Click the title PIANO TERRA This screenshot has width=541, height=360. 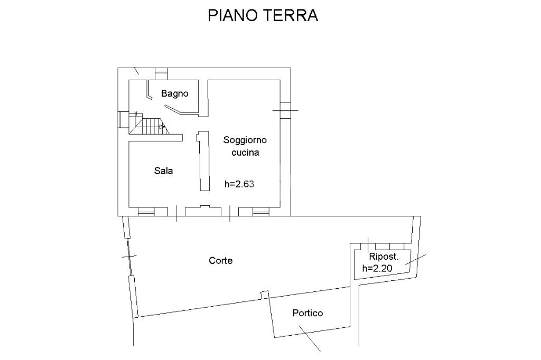[x=263, y=15]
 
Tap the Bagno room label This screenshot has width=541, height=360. [x=175, y=94]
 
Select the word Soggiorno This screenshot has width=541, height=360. [x=245, y=140]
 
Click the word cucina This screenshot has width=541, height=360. [x=245, y=153]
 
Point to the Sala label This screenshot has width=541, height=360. [x=163, y=171]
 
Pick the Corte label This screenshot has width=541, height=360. [x=221, y=261]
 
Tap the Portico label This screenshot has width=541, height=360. [x=307, y=313]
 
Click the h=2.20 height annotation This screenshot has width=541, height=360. [x=377, y=268]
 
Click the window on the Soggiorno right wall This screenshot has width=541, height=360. [x=285, y=110]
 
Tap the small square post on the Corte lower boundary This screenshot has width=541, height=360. [x=265, y=294]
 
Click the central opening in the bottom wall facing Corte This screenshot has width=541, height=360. [x=203, y=211]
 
